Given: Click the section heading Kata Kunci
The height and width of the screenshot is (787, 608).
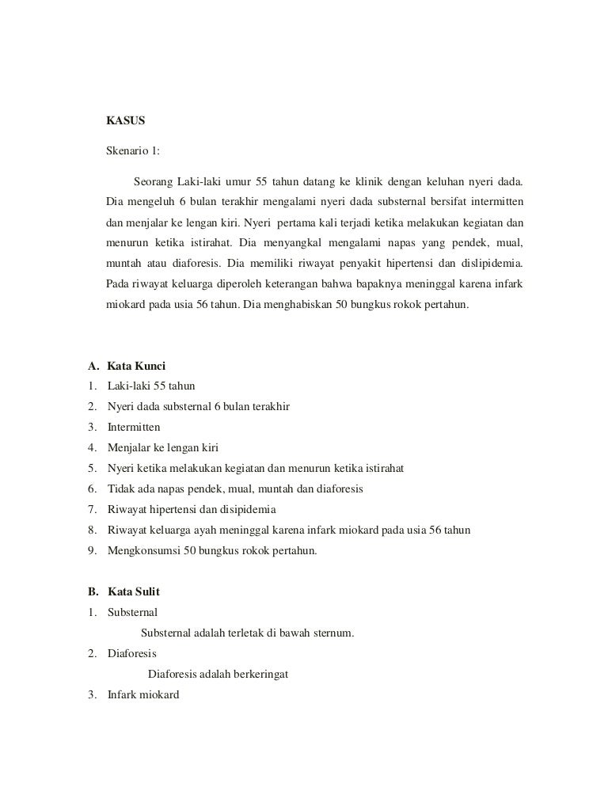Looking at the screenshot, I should click(x=135, y=367).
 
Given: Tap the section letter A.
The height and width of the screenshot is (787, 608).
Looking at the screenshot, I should click(x=92, y=367).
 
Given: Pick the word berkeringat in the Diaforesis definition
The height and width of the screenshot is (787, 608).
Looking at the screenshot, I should click(x=261, y=675).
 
